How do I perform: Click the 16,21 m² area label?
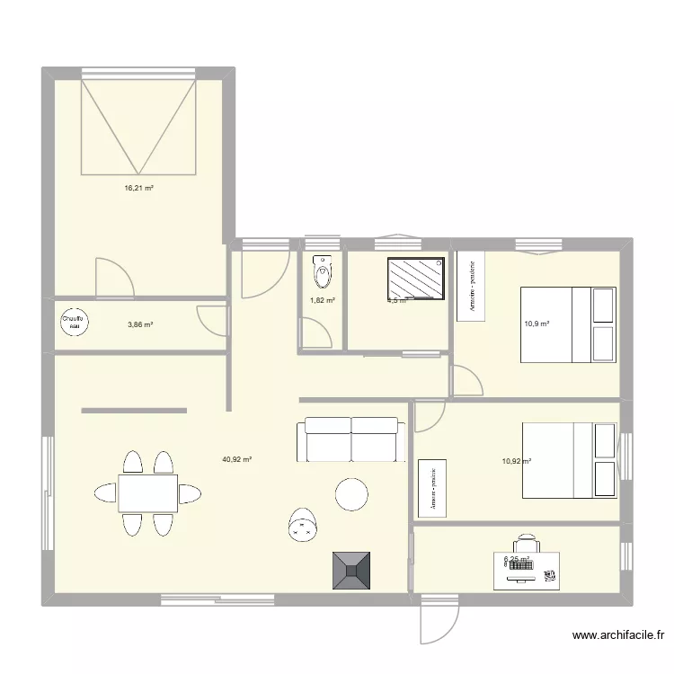138,189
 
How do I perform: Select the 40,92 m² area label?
236,459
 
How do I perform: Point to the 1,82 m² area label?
323,301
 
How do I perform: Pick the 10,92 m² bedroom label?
517,461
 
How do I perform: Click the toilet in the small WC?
322,268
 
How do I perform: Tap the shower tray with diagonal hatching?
416,278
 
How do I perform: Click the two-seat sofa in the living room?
350,439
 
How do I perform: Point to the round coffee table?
351,493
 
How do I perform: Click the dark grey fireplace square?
353,570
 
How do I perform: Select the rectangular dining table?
147,493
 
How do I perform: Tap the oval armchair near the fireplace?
301,526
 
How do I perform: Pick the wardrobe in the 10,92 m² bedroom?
433,488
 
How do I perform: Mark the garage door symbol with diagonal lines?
138,126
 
